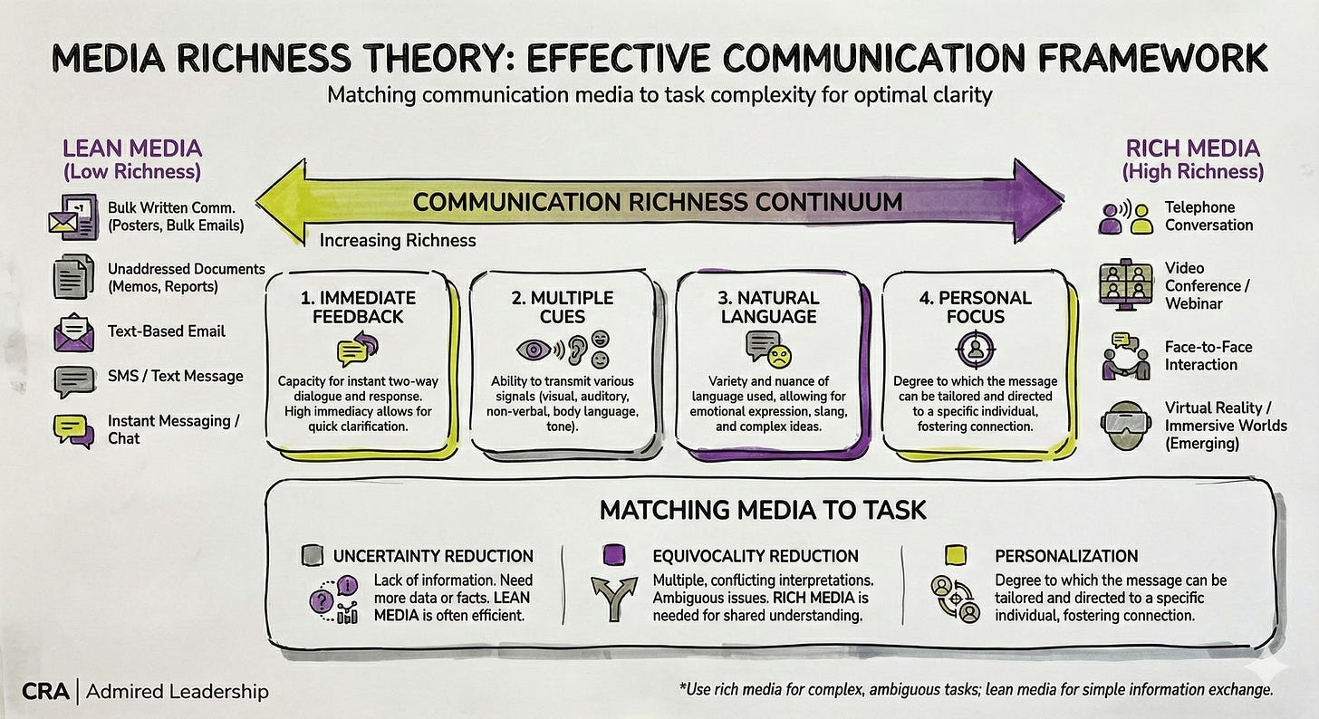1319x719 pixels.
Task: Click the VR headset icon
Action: (1124, 422)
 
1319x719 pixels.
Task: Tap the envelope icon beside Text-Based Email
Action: (74, 332)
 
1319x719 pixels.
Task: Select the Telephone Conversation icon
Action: (1126, 217)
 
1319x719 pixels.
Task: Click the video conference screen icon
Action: (1124, 285)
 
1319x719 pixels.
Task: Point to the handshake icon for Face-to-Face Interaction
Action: (1125, 356)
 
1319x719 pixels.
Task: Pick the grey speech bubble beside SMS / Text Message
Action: (74, 380)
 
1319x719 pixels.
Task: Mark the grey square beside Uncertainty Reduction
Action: (313, 555)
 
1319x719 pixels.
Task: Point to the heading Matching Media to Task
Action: (763, 510)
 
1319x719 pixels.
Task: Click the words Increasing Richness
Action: (398, 240)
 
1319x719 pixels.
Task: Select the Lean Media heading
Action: (131, 149)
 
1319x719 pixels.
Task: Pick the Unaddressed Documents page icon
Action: (74, 276)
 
